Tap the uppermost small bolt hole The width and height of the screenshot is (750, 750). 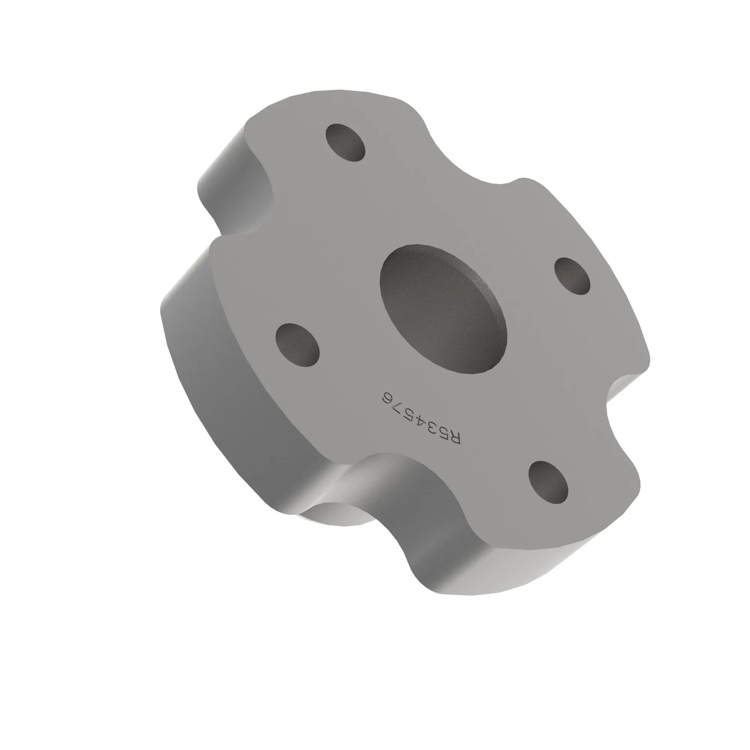[x=345, y=142]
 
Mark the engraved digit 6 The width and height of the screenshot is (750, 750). [x=386, y=399]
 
